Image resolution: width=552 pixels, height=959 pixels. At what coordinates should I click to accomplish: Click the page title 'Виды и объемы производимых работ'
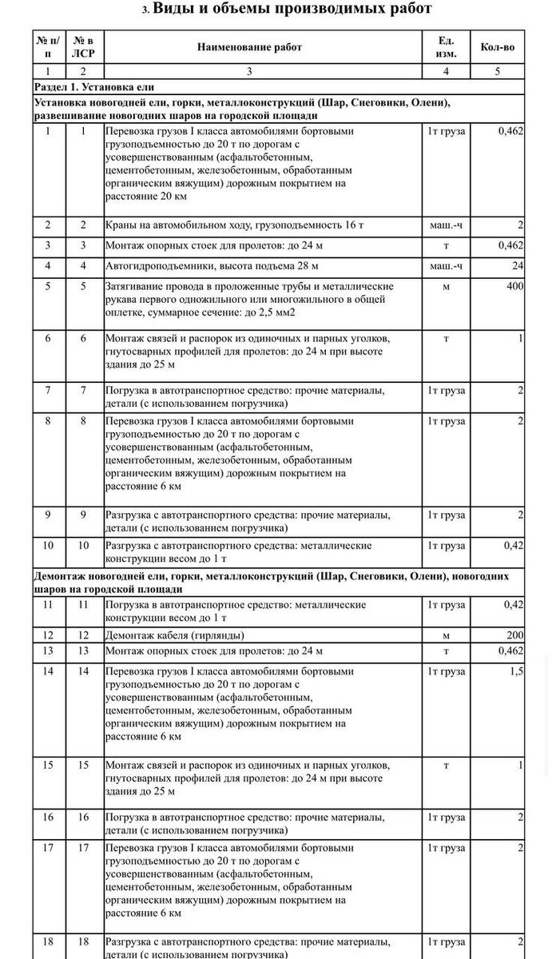[x=292, y=10]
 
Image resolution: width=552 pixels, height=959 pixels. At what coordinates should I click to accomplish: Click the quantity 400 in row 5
[x=514, y=286]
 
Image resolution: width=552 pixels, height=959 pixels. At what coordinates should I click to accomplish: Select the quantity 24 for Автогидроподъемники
[x=518, y=265]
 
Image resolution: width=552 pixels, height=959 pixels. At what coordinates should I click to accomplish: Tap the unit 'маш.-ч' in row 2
[x=446, y=226]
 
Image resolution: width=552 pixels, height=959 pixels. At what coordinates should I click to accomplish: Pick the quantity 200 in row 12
[x=514, y=635]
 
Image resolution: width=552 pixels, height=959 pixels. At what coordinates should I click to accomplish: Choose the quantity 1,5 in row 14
[x=517, y=671]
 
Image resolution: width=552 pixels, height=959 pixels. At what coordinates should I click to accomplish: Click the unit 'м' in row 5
[x=446, y=286]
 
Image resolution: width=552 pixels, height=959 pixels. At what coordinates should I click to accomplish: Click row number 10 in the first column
[x=48, y=546]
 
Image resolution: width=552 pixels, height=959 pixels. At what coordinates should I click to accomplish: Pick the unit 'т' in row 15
[x=446, y=765]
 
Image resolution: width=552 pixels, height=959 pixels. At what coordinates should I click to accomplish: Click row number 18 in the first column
[x=48, y=941]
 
